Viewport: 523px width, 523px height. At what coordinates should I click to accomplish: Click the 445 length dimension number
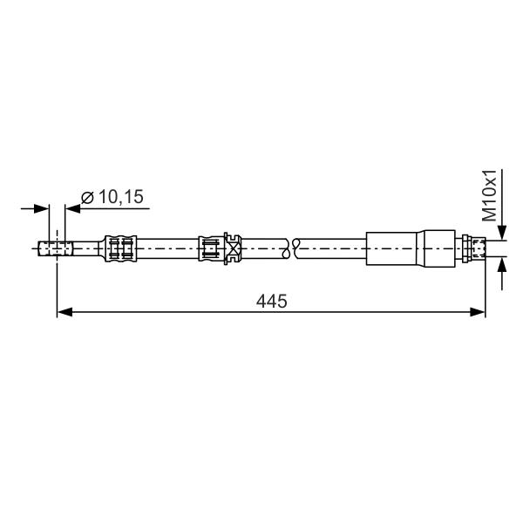[x=271, y=302]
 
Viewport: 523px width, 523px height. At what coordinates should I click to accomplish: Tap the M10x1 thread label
[x=490, y=195]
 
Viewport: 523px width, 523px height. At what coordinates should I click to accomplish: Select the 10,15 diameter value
[x=121, y=196]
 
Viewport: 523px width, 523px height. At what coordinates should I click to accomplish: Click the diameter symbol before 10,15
[x=88, y=197]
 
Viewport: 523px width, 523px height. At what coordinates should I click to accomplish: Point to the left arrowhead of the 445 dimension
[x=65, y=312]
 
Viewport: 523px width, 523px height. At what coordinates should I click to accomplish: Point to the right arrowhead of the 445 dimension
[x=478, y=312]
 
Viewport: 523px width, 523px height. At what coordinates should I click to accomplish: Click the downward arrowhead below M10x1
[x=502, y=233]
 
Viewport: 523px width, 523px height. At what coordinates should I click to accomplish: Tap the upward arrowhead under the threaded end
[x=502, y=264]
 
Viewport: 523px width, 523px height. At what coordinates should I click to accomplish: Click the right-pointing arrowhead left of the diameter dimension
[x=42, y=209]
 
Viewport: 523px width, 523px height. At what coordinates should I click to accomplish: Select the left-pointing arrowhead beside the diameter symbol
[x=72, y=209]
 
